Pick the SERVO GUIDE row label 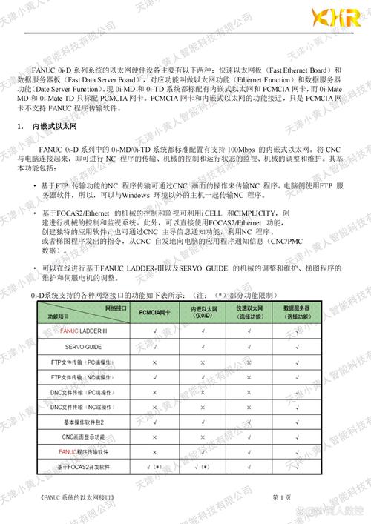pyautogui.click(x=83, y=346)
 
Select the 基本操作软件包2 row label pyautogui.click(x=83, y=420)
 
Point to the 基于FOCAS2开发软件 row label pyautogui.click(x=84, y=467)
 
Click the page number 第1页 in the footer pyautogui.click(x=282, y=495)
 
